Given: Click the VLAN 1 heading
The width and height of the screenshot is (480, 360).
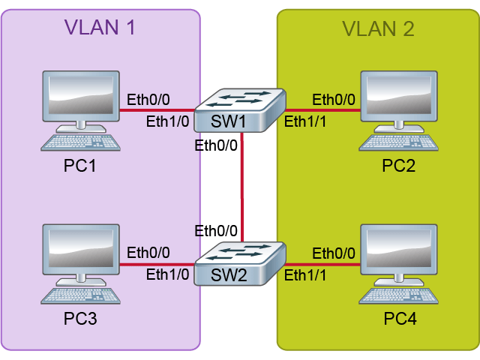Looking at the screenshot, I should point(100,28).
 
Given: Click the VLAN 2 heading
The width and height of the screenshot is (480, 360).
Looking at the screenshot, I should point(378,29).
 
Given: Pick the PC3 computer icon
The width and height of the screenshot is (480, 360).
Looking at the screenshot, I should point(81,263).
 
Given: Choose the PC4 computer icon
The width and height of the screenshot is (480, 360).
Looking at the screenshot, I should point(398,263).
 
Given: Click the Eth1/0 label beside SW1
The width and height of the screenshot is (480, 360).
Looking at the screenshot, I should point(168,121).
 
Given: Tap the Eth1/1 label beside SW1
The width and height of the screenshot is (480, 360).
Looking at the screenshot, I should point(306,121).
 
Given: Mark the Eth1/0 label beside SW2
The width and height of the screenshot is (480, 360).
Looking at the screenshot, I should point(168,274).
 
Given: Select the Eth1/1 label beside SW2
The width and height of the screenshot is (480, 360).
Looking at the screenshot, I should point(306,275).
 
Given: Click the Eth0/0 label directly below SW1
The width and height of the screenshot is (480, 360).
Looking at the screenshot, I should point(216,145).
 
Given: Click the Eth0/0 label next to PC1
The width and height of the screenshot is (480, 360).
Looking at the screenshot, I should point(148,100).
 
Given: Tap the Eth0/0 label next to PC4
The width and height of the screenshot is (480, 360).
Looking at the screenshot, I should point(334,253).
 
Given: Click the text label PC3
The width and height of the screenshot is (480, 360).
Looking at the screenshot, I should point(80,319).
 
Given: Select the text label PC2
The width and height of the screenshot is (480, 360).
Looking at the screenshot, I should point(398,166).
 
